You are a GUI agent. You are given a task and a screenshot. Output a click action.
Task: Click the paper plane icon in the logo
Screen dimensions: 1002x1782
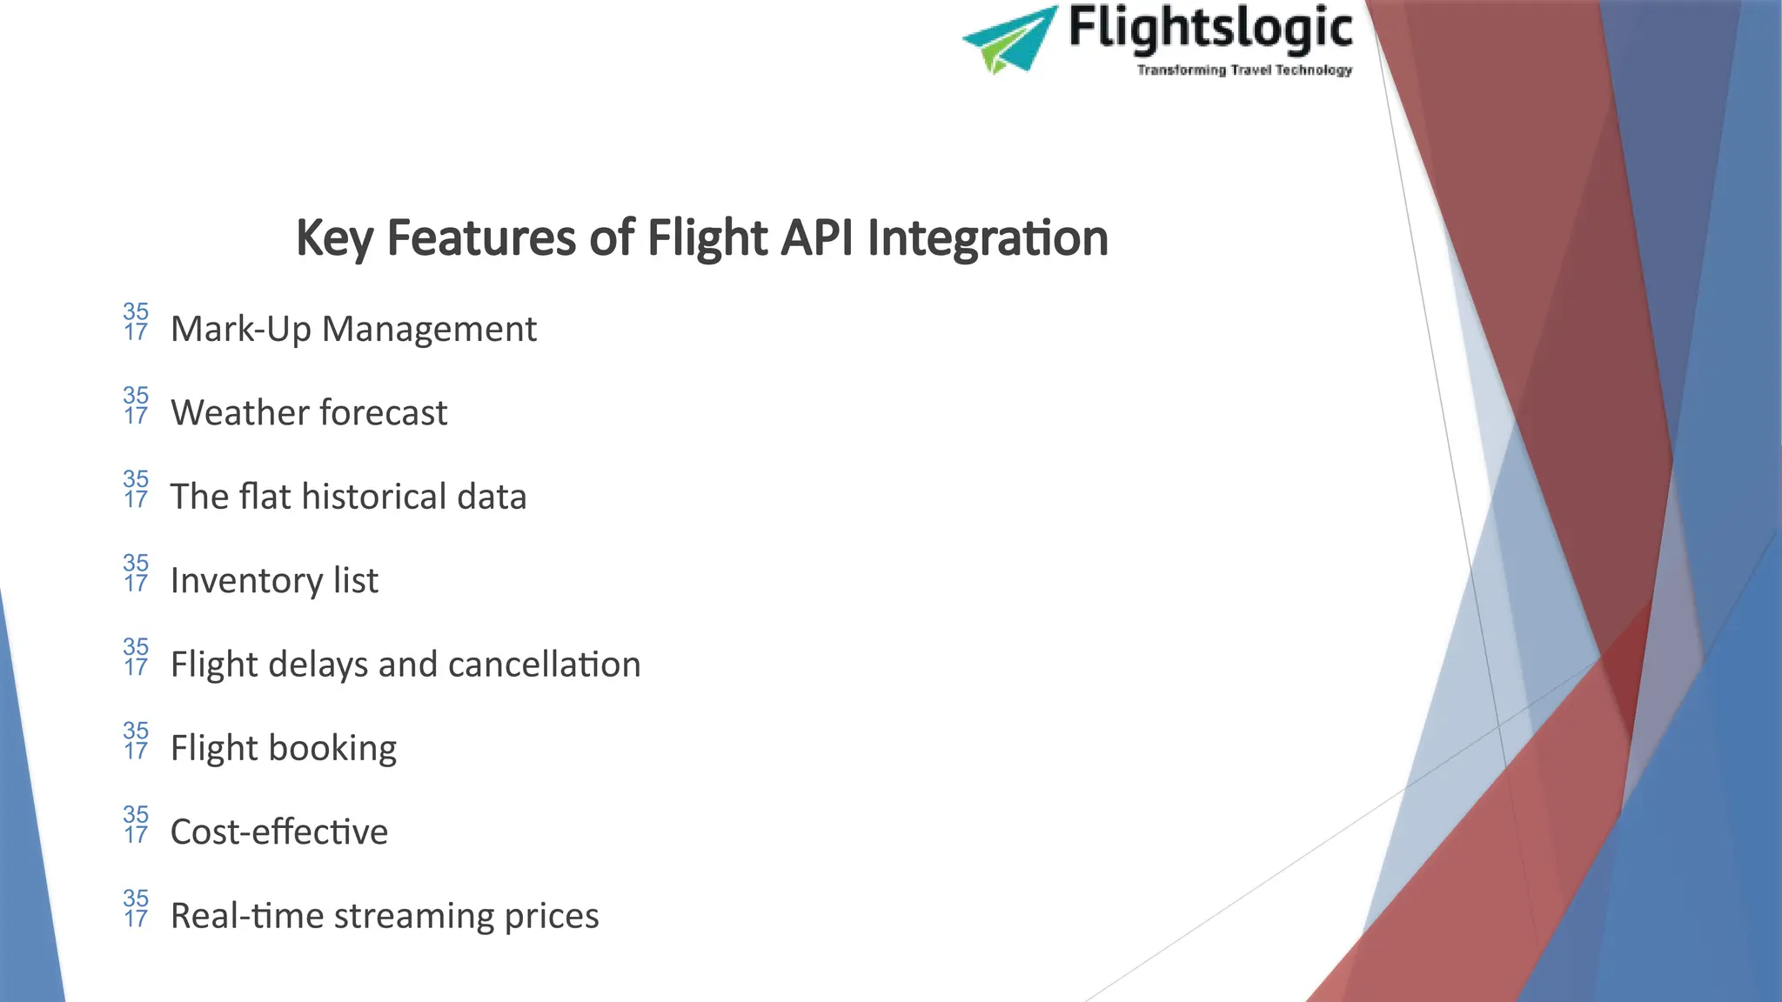coord(1009,39)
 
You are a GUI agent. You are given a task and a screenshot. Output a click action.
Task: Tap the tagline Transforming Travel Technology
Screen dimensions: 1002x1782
coord(1244,70)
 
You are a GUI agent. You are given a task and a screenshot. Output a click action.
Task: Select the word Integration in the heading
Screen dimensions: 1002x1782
coord(988,238)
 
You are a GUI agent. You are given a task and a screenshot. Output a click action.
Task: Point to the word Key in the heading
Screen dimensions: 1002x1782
coord(334,238)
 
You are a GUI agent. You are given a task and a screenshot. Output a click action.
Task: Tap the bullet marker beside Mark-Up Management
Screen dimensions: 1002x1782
coord(136,322)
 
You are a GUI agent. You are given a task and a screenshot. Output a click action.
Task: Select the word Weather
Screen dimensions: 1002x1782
coord(231,412)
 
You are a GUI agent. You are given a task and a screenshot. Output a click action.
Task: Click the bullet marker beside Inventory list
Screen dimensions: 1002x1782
coord(136,573)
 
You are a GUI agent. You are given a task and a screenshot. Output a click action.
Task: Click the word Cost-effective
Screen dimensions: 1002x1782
coord(279,832)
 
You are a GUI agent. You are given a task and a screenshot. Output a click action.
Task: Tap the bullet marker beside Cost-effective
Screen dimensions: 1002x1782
coord(136,825)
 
